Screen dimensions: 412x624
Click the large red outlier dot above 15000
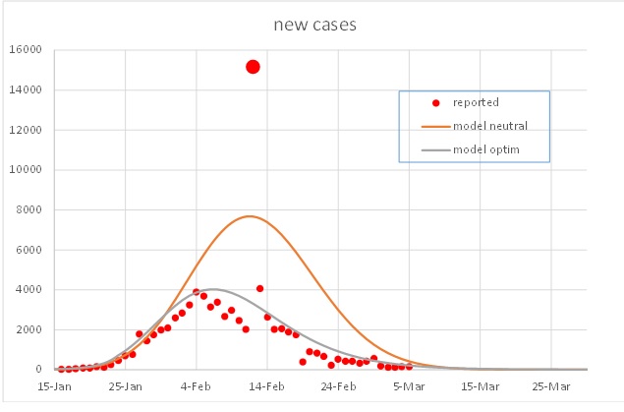pyautogui.click(x=253, y=67)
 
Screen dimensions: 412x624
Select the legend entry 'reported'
pyautogui.click(x=476, y=102)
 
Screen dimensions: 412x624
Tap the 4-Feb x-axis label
pyautogui.click(x=197, y=387)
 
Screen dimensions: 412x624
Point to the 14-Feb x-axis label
pyautogui.click(x=267, y=387)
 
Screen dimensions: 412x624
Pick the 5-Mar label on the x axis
pyautogui.click(x=409, y=387)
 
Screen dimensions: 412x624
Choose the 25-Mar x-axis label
pyautogui.click(x=550, y=387)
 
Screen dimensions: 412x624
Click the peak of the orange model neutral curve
pyautogui.click(x=250, y=216)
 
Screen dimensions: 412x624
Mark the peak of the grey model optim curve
pyautogui.click(x=213, y=289)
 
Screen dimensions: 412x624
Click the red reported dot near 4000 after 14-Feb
pyautogui.click(x=259, y=288)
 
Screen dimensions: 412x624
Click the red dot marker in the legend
pyautogui.click(x=435, y=102)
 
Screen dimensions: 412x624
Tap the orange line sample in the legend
pyautogui.click(x=435, y=125)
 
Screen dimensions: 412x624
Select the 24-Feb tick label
pyautogui.click(x=338, y=387)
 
